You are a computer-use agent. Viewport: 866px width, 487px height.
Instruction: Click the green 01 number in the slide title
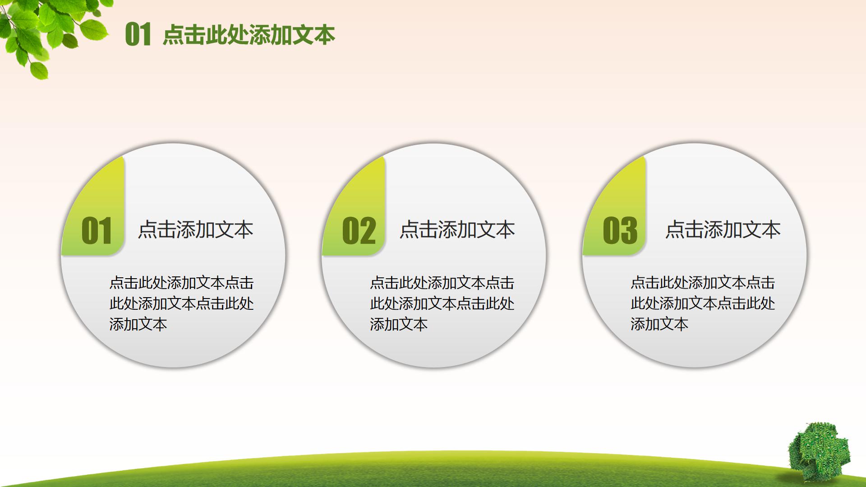click(x=138, y=35)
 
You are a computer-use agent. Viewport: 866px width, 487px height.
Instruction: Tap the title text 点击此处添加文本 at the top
click(x=249, y=35)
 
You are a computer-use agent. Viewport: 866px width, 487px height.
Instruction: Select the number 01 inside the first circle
click(x=97, y=231)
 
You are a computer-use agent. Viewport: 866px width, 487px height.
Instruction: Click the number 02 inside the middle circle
click(x=359, y=231)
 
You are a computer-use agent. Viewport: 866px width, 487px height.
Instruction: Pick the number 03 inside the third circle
click(x=620, y=231)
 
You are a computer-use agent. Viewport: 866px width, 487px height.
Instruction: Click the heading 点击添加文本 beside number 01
click(x=195, y=230)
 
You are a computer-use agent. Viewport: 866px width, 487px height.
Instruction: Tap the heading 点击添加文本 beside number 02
click(x=457, y=230)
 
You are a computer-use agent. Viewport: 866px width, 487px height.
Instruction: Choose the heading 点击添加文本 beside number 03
click(x=723, y=230)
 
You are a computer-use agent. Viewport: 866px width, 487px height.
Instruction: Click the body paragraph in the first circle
click(x=181, y=303)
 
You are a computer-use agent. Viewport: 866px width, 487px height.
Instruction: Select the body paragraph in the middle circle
click(x=442, y=303)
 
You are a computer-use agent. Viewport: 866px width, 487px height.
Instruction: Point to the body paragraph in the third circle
click(x=703, y=303)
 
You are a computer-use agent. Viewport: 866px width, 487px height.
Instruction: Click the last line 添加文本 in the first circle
click(x=138, y=324)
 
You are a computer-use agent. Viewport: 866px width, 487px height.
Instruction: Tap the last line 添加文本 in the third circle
click(x=659, y=324)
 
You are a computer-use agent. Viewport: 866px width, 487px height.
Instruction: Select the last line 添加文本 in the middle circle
click(x=399, y=324)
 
